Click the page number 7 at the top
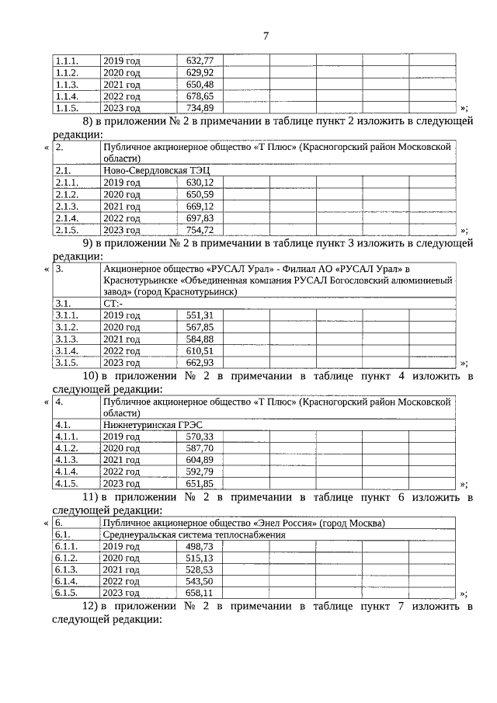click(x=266, y=36)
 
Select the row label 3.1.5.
click(x=67, y=363)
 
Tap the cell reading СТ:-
click(x=113, y=303)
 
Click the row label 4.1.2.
click(x=67, y=449)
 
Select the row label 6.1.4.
click(x=67, y=582)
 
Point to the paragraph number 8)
click(x=89, y=121)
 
